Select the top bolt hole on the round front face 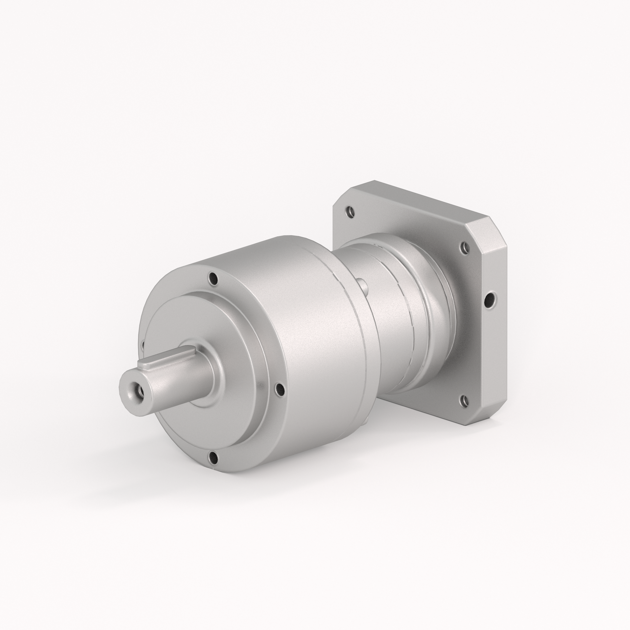(x=214, y=279)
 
